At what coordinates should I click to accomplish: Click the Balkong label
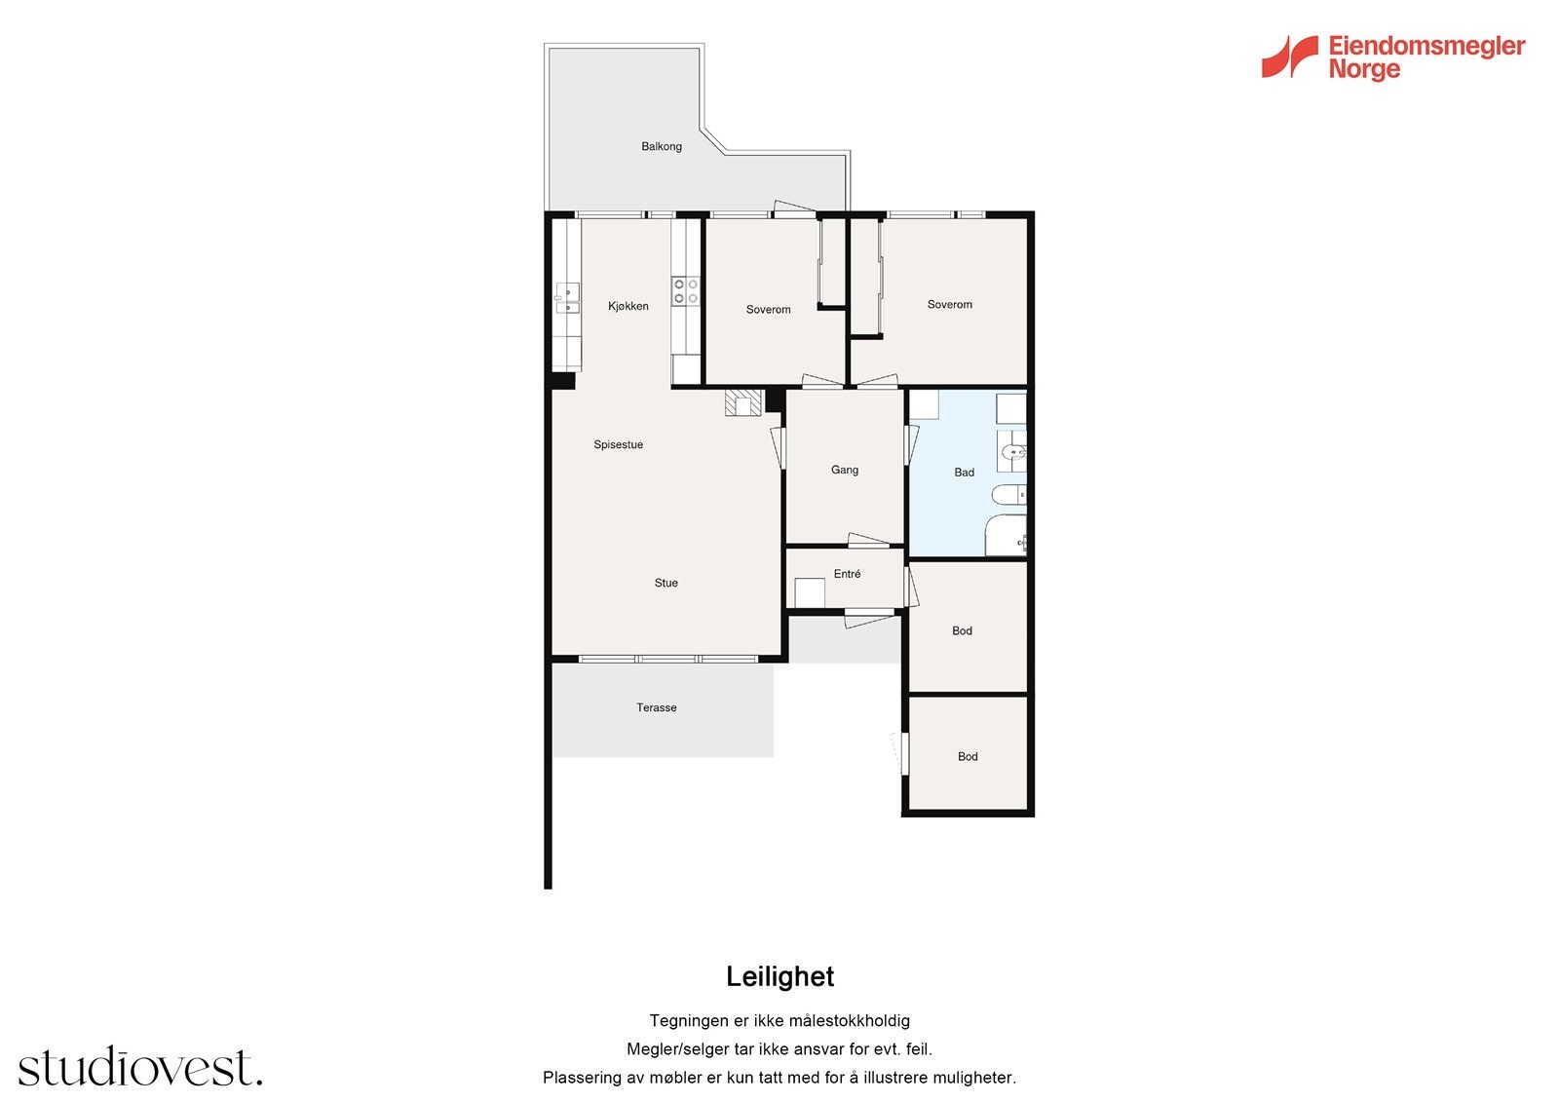click(x=661, y=146)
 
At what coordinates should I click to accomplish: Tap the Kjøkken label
click(x=627, y=306)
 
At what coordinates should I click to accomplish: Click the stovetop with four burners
click(x=685, y=290)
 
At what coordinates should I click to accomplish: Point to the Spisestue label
click(x=618, y=444)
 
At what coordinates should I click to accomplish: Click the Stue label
click(x=665, y=583)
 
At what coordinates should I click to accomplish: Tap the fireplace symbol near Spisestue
click(x=743, y=403)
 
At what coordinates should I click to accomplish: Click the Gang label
click(x=844, y=470)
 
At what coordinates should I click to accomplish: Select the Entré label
click(x=847, y=574)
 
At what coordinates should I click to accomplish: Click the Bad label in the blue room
click(x=964, y=473)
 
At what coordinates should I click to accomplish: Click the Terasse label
click(x=656, y=707)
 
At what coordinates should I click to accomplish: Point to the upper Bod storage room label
click(x=962, y=630)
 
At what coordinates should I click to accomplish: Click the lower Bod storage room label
click(x=967, y=756)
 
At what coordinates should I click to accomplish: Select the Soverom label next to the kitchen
click(x=768, y=310)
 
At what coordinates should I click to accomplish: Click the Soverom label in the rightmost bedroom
click(x=949, y=305)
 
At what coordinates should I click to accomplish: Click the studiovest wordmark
click(x=139, y=1068)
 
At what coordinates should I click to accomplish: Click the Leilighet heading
click(x=779, y=976)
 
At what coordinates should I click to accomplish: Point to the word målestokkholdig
click(x=849, y=1021)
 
